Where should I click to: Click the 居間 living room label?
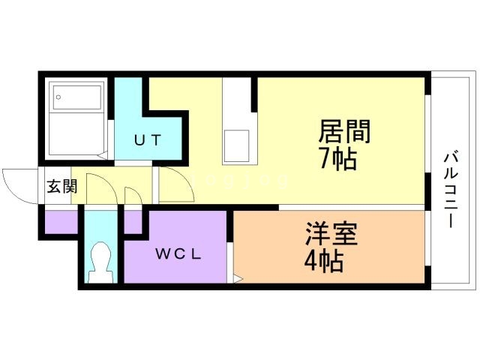click(x=344, y=133)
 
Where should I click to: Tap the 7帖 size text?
click(x=334, y=159)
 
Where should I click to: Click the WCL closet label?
click(x=178, y=253)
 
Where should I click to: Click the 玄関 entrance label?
click(x=61, y=187)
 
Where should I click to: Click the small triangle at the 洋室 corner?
click(x=237, y=279)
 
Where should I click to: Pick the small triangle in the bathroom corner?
click(x=103, y=156)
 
